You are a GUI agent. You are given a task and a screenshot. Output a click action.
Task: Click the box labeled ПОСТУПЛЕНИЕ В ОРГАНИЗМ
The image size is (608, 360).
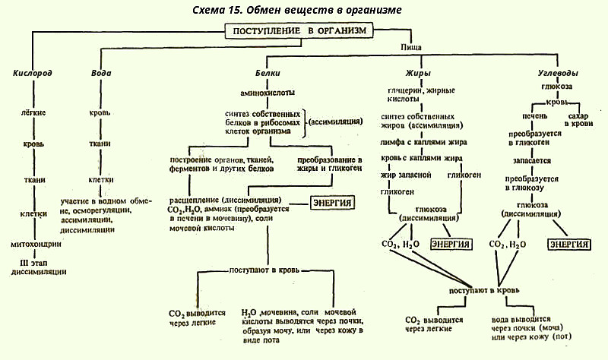click(x=302, y=30)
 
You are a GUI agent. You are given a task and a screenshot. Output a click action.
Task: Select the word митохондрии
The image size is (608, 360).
click(x=35, y=244)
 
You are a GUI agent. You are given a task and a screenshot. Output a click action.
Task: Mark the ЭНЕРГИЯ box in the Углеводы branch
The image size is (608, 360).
click(x=569, y=245)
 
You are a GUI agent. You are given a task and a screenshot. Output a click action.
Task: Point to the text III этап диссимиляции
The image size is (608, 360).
click(x=33, y=267)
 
